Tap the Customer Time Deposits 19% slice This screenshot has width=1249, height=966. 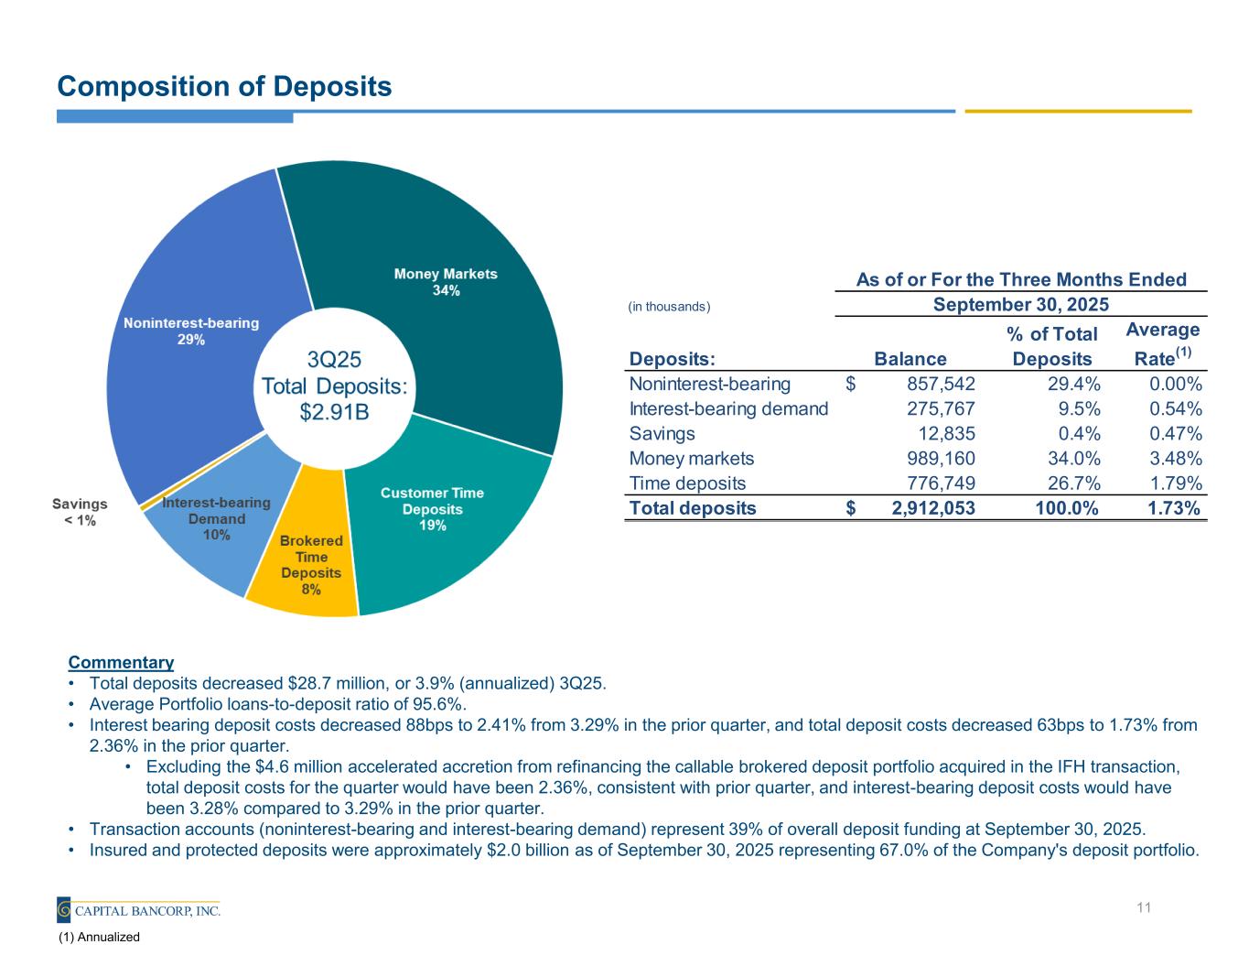[439, 531]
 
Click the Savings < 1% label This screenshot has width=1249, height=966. [80, 512]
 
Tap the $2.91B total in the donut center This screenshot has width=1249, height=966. [334, 411]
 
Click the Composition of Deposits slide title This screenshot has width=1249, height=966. [224, 86]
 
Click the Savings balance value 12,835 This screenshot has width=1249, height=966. [946, 433]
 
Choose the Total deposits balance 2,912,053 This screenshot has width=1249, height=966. [932, 508]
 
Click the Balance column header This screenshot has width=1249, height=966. [910, 359]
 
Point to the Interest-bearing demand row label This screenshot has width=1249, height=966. [728, 408]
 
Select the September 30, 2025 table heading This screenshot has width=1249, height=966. [1020, 304]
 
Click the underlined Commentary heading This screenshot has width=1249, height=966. [121, 662]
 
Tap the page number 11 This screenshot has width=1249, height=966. [1143, 907]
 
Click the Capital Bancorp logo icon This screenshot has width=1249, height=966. [64, 909]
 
